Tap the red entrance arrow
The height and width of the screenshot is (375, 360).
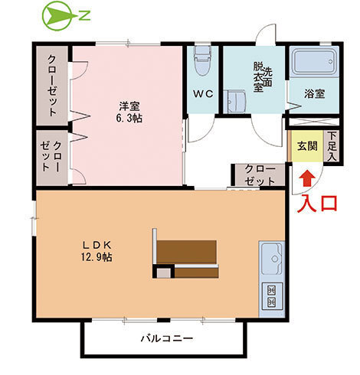point(305,178)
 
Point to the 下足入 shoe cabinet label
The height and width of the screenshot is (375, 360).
point(332,146)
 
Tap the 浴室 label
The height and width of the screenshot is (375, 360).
point(314,93)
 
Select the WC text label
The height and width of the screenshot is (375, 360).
point(202,94)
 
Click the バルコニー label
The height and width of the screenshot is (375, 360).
point(166,337)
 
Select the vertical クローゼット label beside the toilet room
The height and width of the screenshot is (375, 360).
point(51,84)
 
